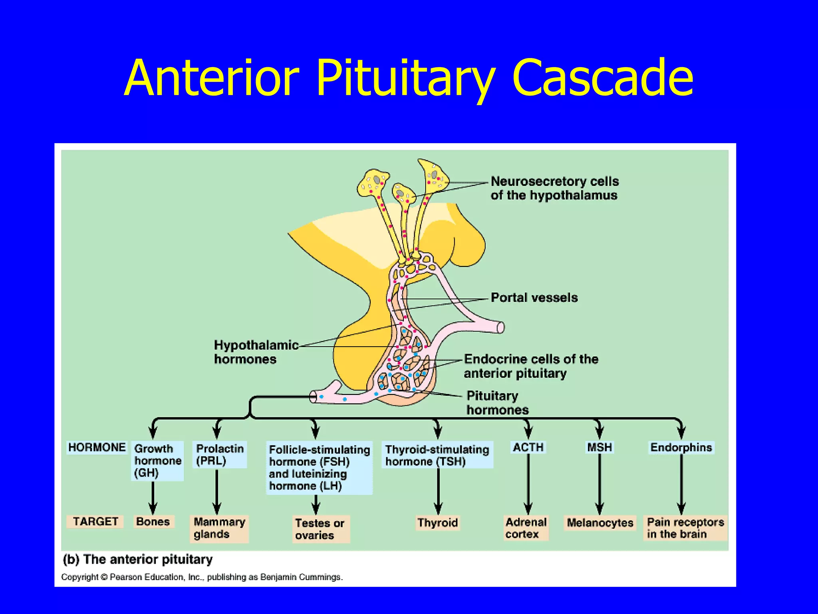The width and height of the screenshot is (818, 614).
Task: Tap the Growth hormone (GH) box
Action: (157, 460)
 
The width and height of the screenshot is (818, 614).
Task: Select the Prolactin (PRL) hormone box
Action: (220, 455)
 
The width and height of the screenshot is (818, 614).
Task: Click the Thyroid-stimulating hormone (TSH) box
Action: (437, 455)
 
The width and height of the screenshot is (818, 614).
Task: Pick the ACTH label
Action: (528, 447)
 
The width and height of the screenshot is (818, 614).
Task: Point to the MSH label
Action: (599, 447)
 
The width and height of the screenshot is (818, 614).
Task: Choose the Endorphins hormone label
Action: (681, 447)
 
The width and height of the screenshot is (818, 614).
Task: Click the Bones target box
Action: (153, 522)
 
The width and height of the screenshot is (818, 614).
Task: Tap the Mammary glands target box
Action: (219, 528)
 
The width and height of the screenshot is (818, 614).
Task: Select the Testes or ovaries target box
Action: (320, 529)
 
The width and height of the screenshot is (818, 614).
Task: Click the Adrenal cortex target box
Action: (526, 528)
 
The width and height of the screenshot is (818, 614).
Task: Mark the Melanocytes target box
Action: (600, 523)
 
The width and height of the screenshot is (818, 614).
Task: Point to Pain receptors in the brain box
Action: (685, 528)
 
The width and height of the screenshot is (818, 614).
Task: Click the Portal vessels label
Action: (534, 298)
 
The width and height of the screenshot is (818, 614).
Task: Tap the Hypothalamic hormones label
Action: (256, 352)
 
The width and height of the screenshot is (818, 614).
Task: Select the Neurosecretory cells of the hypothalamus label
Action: (554, 188)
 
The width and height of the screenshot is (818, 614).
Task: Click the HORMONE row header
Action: (97, 447)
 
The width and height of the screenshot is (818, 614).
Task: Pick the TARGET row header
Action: (95, 522)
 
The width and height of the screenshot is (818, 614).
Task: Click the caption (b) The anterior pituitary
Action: (138, 559)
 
